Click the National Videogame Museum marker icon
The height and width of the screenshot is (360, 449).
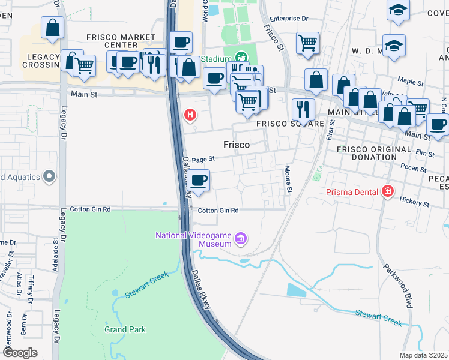241,239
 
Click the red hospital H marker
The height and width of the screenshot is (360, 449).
190,115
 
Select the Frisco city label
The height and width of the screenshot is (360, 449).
237,145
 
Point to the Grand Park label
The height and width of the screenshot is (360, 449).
124,329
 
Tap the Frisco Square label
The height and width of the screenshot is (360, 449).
282,124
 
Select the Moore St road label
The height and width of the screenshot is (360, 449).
289,180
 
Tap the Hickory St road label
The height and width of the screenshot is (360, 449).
417,204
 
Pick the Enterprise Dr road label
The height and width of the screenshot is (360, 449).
289,19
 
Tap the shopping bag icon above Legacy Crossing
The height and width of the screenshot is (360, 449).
53,28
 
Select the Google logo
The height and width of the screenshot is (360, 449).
20,353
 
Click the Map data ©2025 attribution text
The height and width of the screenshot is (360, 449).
424,355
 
